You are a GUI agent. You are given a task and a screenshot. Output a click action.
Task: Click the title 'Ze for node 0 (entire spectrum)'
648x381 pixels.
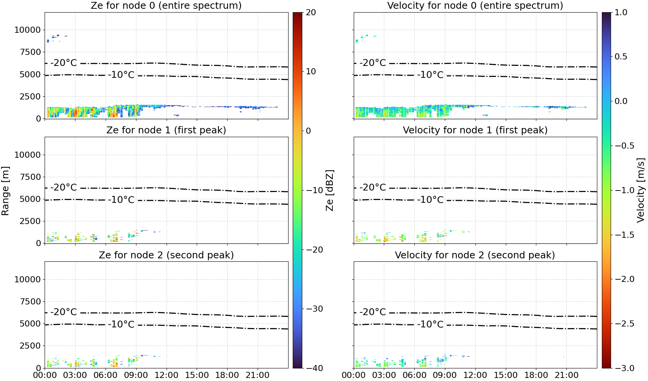tap(166, 5)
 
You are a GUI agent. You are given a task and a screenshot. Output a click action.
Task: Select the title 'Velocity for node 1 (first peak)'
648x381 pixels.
tap(475, 130)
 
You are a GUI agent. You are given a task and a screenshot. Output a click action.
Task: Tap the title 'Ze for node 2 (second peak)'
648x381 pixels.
tap(166, 255)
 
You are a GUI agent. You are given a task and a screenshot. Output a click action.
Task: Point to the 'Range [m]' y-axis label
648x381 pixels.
tap(5, 191)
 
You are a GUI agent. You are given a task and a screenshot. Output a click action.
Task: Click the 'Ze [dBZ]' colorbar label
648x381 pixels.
tap(329, 190)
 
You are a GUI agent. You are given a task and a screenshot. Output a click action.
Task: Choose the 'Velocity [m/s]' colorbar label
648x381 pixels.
tap(641, 190)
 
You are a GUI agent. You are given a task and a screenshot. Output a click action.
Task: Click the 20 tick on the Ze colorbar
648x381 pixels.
tap(311, 13)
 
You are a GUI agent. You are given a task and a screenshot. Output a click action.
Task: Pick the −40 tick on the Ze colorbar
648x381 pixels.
tap(314, 368)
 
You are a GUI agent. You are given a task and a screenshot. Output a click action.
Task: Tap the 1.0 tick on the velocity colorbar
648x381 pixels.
tap(621, 13)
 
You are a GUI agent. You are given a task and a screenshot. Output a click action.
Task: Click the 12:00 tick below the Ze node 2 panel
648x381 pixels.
tap(166, 375)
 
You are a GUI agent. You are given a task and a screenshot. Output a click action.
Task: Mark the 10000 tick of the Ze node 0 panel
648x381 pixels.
tap(27, 30)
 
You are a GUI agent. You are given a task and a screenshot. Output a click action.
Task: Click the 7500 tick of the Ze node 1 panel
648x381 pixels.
tap(30, 177)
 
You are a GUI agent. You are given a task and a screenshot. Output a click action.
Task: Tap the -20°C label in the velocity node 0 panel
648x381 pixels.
tap(373, 63)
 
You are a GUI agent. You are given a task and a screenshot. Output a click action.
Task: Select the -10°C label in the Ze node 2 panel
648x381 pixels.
tap(121, 324)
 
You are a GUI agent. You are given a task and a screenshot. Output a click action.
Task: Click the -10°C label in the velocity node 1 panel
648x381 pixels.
tap(430, 200)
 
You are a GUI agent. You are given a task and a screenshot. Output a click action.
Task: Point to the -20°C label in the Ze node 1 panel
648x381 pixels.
tap(64, 187)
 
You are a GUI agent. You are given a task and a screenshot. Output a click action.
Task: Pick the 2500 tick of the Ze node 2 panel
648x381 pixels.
tap(30, 346)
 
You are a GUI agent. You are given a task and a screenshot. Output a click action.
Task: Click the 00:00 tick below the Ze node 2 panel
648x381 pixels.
tap(45, 375)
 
